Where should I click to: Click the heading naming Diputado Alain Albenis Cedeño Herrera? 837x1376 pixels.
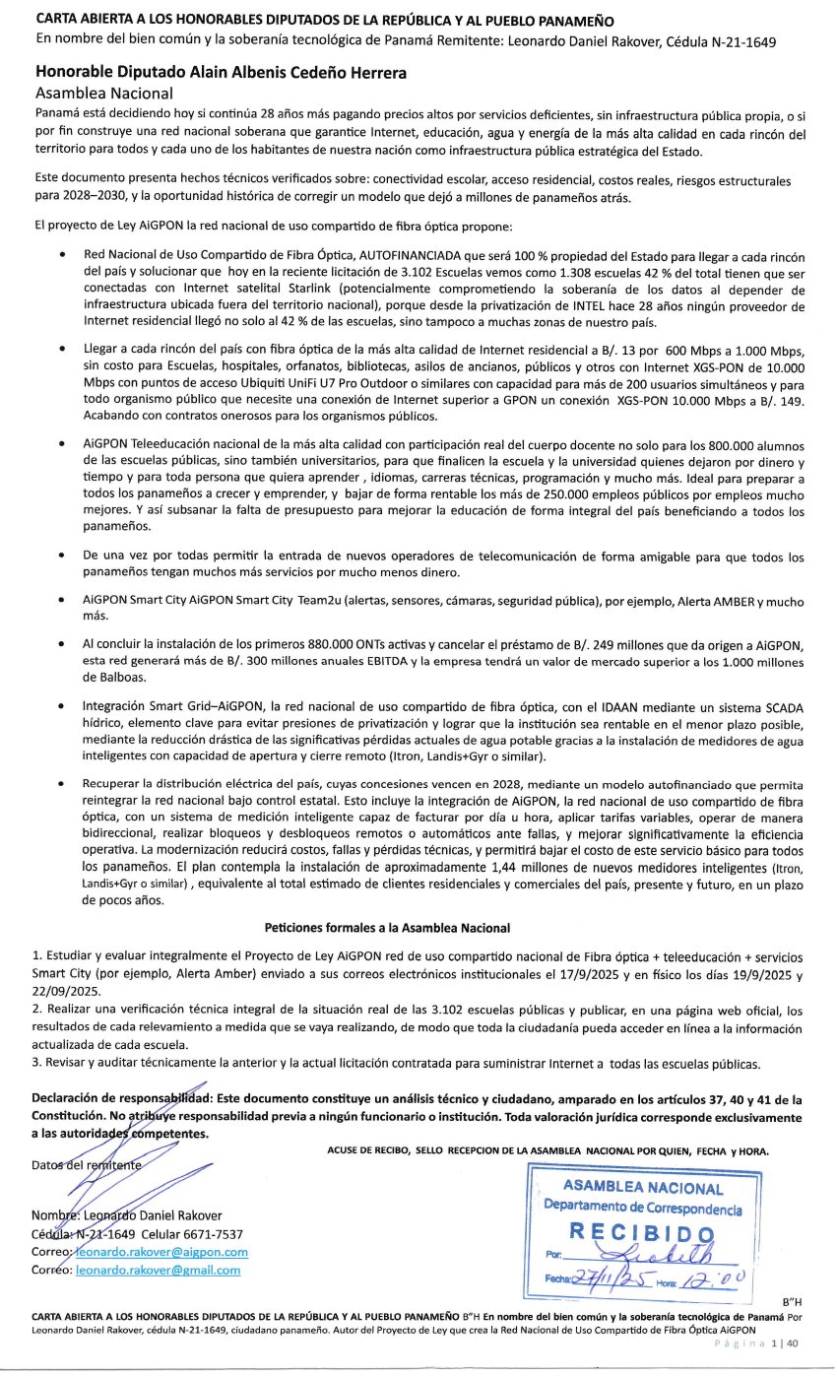[x=222, y=72]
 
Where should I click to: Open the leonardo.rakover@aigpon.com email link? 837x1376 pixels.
[x=162, y=1251]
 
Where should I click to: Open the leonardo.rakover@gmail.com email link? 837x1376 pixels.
[x=159, y=1270]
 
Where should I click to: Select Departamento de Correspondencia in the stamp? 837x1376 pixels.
[x=642, y=1209]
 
